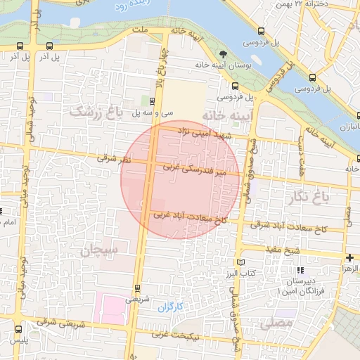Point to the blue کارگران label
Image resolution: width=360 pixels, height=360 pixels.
click(169, 307)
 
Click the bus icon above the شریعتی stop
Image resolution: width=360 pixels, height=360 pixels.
click(137, 287)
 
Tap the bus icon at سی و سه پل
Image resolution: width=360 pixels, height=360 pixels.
click(153, 101)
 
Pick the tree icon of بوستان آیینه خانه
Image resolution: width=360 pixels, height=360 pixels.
click(224, 53)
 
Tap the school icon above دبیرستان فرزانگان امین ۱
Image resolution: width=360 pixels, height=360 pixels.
click(301, 270)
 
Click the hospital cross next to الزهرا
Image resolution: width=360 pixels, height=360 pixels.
click(349, 258)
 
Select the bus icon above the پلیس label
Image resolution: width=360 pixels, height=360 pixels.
click(18, 328)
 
